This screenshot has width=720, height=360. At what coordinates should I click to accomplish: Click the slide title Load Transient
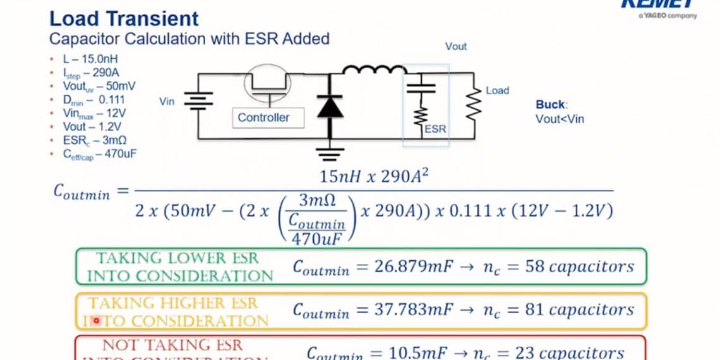[124, 18]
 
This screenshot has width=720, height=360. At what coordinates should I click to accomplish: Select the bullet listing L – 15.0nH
[88, 59]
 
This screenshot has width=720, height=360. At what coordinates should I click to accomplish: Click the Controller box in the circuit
[263, 117]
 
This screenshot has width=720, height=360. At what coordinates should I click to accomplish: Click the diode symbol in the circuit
[329, 106]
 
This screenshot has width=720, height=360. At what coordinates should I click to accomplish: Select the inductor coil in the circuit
[373, 69]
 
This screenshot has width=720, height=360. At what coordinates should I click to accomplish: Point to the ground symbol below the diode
[329, 152]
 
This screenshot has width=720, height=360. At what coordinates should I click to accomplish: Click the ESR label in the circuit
[435, 129]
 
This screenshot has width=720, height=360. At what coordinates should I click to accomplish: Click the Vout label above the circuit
[456, 46]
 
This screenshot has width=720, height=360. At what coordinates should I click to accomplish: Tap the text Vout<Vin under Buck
[560, 118]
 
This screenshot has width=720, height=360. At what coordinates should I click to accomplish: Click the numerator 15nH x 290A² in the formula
[375, 176]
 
